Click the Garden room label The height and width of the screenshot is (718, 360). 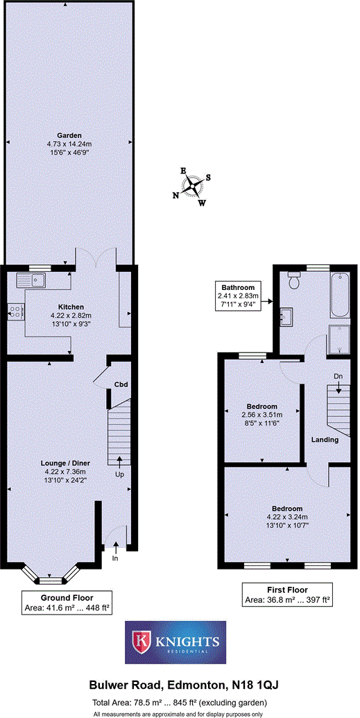[x=69, y=135]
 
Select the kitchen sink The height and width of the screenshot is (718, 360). [x=32, y=280]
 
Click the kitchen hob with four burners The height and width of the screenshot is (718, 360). [x=15, y=313]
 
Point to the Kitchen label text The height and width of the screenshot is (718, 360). [x=71, y=307]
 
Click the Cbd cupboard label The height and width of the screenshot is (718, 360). [x=121, y=384]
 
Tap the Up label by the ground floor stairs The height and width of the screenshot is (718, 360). [x=120, y=475]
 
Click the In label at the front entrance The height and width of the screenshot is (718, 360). [x=115, y=557]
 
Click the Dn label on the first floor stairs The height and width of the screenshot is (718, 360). [x=338, y=377]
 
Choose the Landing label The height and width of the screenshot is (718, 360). [x=325, y=440]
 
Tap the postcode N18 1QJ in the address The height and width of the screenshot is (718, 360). [x=248, y=685]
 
